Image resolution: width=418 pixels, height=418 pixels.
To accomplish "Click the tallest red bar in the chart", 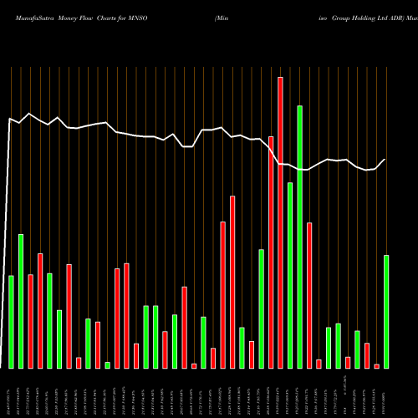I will tap(280, 222).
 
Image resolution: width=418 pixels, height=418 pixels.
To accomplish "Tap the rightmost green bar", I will tap(385, 311).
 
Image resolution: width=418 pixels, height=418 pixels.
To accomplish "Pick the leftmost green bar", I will tap(12, 322).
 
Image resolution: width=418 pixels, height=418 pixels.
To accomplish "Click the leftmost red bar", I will tap(31, 321).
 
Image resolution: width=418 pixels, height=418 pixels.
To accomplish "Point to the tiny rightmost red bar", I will tap(376, 366).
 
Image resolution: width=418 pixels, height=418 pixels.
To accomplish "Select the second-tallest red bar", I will tap(271, 252).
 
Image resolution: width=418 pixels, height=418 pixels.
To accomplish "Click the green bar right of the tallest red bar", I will tap(290, 275).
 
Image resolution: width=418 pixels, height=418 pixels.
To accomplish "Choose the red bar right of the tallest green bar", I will tap(309, 295).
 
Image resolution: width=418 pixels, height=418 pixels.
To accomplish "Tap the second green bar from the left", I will tap(21, 301).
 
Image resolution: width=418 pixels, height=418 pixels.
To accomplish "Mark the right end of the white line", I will tap(385, 160).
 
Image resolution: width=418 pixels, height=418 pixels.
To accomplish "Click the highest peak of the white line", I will tap(30, 114).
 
